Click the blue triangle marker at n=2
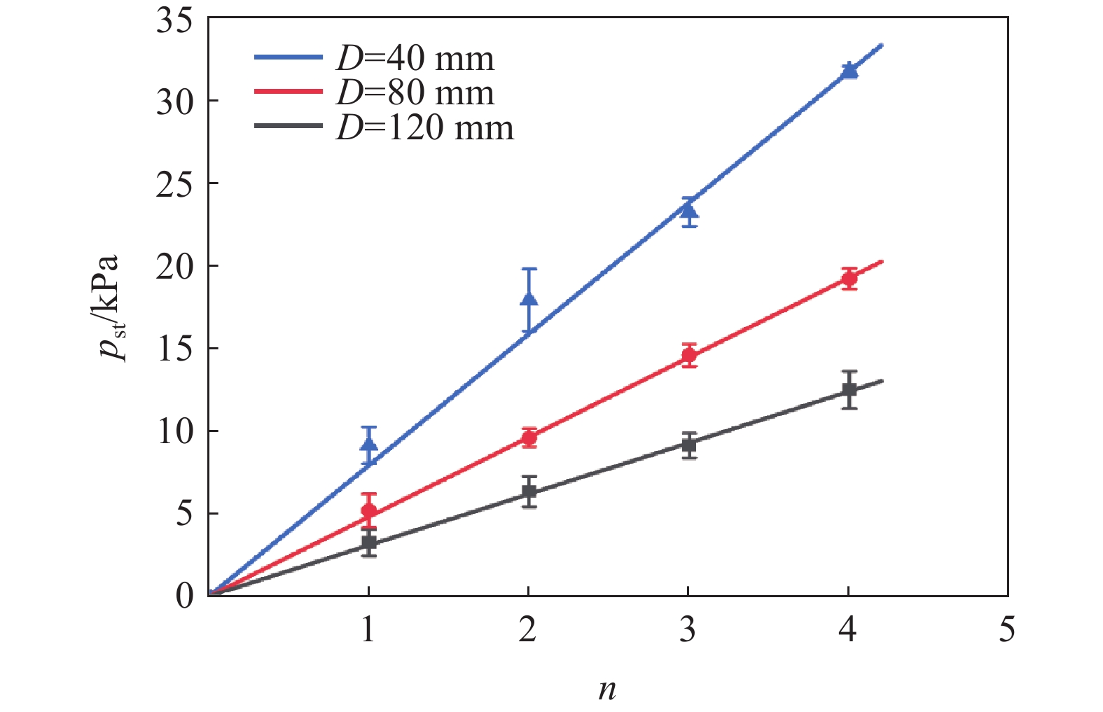tap(529, 300)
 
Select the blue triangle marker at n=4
tap(849, 70)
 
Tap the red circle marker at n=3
tap(689, 356)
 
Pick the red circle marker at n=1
tap(369, 511)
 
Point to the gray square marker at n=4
tap(849, 389)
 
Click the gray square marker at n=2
tap(529, 491)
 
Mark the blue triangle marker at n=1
tap(369, 445)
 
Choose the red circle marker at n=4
tap(849, 279)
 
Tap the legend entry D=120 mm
tap(424, 128)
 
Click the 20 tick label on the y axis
tap(174, 266)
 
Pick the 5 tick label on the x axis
tap(1007, 630)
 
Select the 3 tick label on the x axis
tap(688, 630)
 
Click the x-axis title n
tap(607, 690)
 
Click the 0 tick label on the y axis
tap(184, 596)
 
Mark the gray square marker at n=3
tap(689, 445)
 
